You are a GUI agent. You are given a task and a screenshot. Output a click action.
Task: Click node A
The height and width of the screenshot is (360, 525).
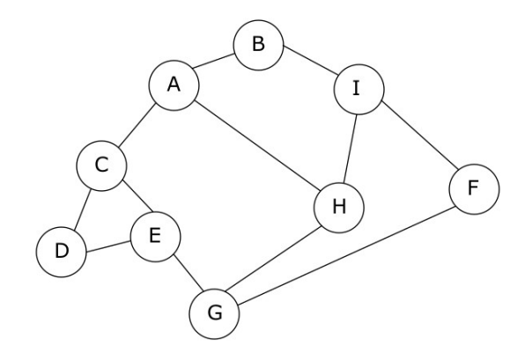point(173,84)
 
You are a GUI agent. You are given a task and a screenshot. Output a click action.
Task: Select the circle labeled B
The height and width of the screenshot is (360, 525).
point(258,44)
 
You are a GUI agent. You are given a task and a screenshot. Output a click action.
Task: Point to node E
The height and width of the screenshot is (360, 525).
point(155,235)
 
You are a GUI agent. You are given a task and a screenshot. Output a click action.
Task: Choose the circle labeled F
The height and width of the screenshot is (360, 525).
point(474,187)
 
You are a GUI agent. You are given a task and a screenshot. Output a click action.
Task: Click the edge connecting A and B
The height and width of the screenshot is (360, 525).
point(215,64)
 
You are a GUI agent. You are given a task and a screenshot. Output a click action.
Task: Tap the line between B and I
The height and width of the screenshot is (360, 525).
point(308,67)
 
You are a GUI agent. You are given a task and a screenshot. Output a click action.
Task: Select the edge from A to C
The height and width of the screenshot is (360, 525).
point(137,124)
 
